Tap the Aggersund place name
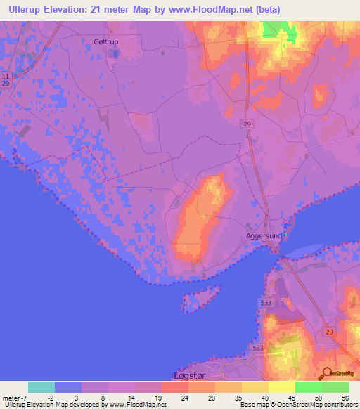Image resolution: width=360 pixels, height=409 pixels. click(x=264, y=236)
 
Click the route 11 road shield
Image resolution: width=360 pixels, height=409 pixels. click(x=6, y=75)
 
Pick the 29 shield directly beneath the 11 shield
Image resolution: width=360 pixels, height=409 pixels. click(x=6, y=84)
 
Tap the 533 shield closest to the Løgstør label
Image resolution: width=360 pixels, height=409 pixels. click(x=258, y=348)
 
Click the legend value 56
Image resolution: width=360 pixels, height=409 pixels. click(x=345, y=397)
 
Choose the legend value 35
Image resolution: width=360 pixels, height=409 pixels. click(x=238, y=397)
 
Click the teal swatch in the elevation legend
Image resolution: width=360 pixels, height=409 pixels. click(x=41, y=387)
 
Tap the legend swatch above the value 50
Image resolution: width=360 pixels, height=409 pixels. click(x=308, y=387)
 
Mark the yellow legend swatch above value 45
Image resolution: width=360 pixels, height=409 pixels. click(x=281, y=387)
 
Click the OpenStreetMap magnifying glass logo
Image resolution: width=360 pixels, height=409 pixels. click(x=326, y=372)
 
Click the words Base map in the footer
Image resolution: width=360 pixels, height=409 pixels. click(x=254, y=405)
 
